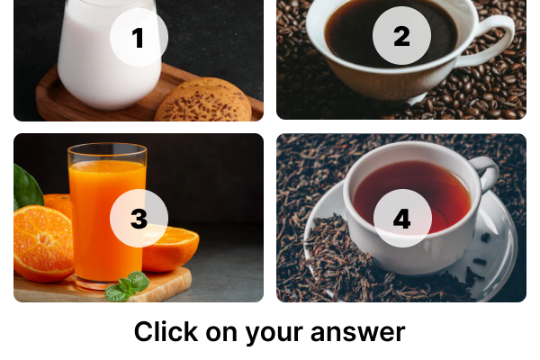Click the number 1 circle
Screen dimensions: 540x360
click(x=139, y=37)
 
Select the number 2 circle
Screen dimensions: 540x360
click(x=401, y=35)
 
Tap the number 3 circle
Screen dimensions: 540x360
click(x=139, y=218)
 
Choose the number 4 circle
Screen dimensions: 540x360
click(x=402, y=218)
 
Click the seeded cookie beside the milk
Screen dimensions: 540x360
click(x=204, y=101)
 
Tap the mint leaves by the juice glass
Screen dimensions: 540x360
click(x=128, y=286)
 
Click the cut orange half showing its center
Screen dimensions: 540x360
click(x=43, y=243)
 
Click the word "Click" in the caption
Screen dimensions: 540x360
click(x=166, y=332)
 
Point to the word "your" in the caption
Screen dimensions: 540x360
click(x=274, y=334)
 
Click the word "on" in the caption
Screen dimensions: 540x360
click(x=221, y=334)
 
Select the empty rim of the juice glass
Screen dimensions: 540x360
click(x=107, y=152)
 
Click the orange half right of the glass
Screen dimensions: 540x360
click(x=170, y=247)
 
